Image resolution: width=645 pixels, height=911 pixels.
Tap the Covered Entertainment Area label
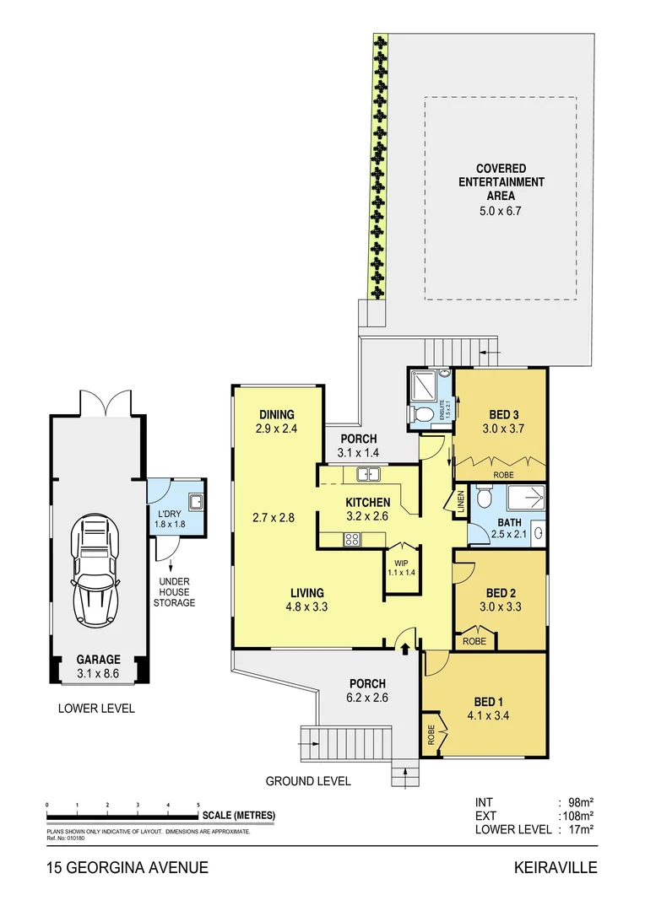(501, 181)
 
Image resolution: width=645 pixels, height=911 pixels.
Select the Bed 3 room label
(503, 414)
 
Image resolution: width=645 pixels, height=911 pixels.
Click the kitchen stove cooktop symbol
(350, 540)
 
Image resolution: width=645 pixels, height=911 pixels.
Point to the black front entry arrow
(404, 648)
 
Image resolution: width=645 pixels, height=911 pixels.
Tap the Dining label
(276, 414)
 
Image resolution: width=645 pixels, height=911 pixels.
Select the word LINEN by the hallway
(461, 500)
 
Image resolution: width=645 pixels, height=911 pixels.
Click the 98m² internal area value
(581, 801)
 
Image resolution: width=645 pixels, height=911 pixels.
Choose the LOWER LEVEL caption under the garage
(96, 708)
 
